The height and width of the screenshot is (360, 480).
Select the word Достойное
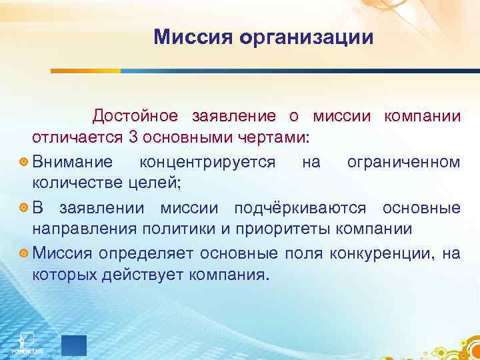[x=135, y=116]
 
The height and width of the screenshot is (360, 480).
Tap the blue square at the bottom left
[x=73, y=345]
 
